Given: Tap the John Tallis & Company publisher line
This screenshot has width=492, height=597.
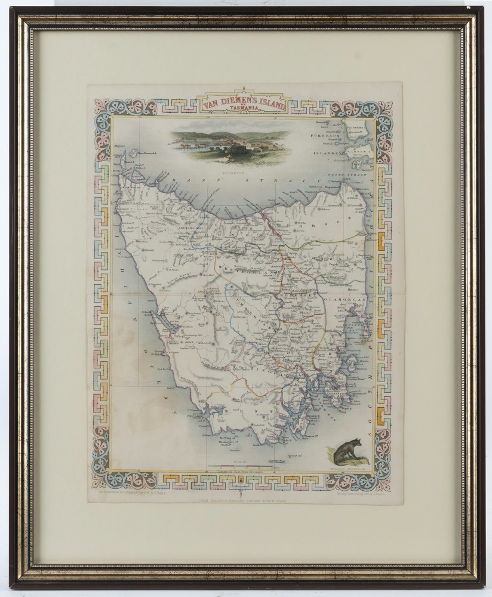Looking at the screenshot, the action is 245,494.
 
